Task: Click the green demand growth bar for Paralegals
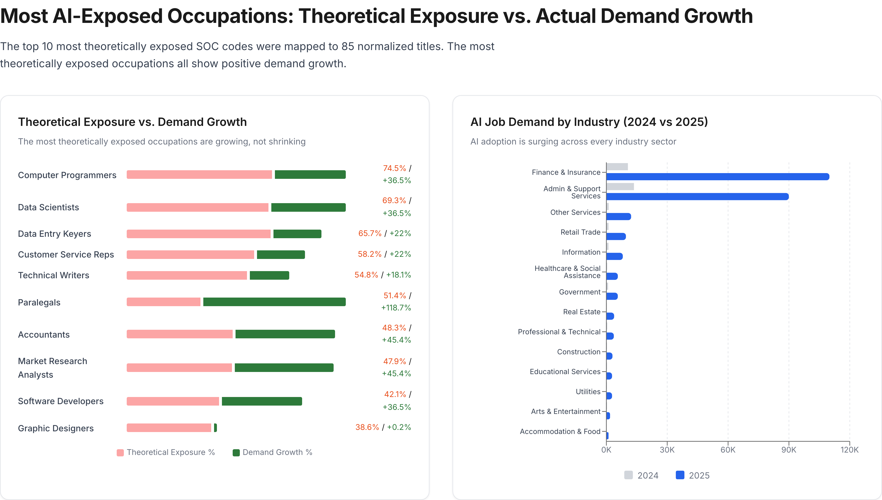(x=274, y=302)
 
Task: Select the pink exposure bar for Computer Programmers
(x=199, y=175)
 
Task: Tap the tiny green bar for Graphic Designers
(x=215, y=428)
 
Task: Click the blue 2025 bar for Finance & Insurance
(x=717, y=176)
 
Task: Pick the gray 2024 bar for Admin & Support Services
(x=620, y=186)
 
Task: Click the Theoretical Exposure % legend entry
(x=166, y=452)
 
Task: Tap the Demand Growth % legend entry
(x=273, y=452)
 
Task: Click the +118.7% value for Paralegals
(x=396, y=308)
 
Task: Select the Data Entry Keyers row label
(x=54, y=234)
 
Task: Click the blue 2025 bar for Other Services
(x=619, y=216)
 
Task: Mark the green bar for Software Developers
(x=262, y=401)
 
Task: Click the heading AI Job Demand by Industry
(x=589, y=122)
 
